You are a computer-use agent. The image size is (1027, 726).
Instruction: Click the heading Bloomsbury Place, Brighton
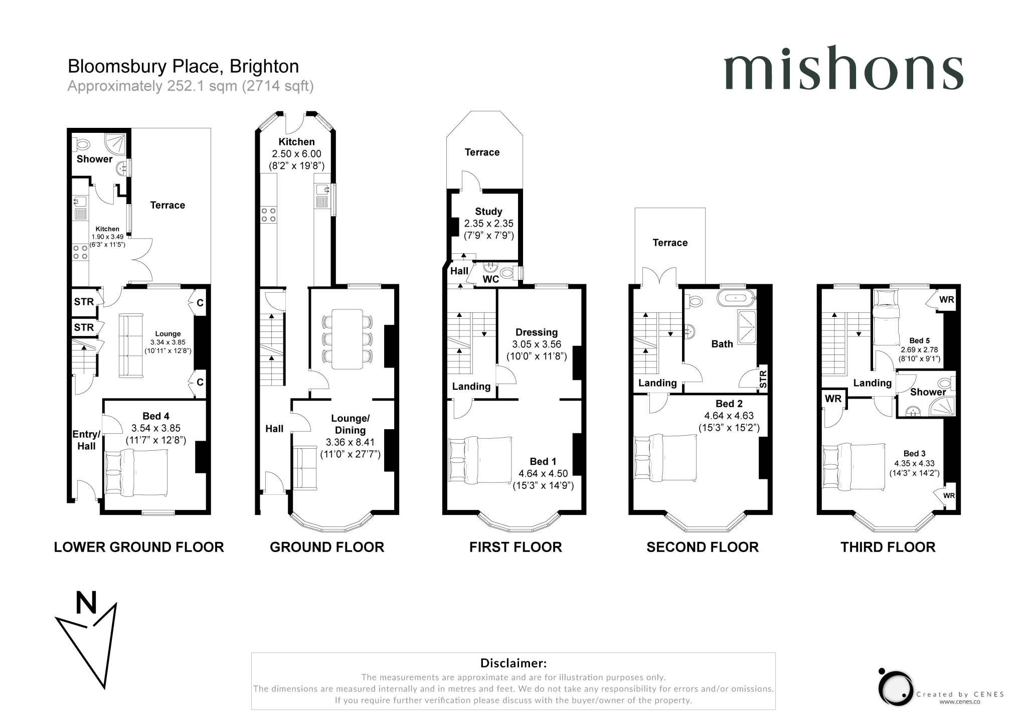coord(183,66)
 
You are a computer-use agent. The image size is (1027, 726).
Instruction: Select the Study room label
coord(488,212)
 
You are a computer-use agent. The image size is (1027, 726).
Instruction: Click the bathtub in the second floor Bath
coord(735,298)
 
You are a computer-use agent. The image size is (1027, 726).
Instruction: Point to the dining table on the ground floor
coord(347,339)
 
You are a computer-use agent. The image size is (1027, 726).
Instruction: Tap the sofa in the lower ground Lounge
coord(131,345)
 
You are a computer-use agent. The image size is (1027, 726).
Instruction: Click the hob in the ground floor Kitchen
coord(268,215)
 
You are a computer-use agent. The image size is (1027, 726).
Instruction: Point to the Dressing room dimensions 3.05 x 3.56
coord(536,344)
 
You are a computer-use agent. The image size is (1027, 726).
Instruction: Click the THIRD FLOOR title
coord(888,547)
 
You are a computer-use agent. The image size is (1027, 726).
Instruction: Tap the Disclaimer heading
coord(513,663)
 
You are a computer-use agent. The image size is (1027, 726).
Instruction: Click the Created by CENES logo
coord(898,688)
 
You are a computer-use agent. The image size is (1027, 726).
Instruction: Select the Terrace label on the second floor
coord(670,243)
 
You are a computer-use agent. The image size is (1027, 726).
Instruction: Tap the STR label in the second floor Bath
coord(763,380)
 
